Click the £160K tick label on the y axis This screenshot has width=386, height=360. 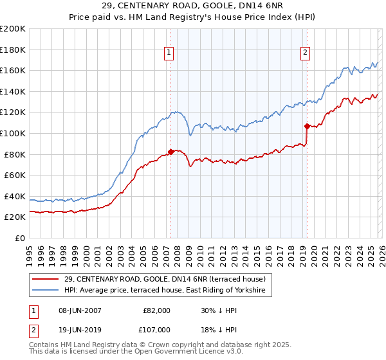pos(13,70)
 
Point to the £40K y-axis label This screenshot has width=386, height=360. pos(15,196)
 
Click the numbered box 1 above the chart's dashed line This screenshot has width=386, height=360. pos(169,53)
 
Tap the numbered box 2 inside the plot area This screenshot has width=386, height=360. pos(304,53)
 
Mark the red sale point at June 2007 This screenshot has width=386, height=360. pos(170,152)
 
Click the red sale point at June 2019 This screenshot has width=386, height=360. pos(307,126)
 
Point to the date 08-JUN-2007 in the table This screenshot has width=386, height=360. pos(80,310)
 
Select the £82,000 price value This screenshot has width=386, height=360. pos(156,310)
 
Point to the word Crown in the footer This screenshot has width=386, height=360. pos(181,345)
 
